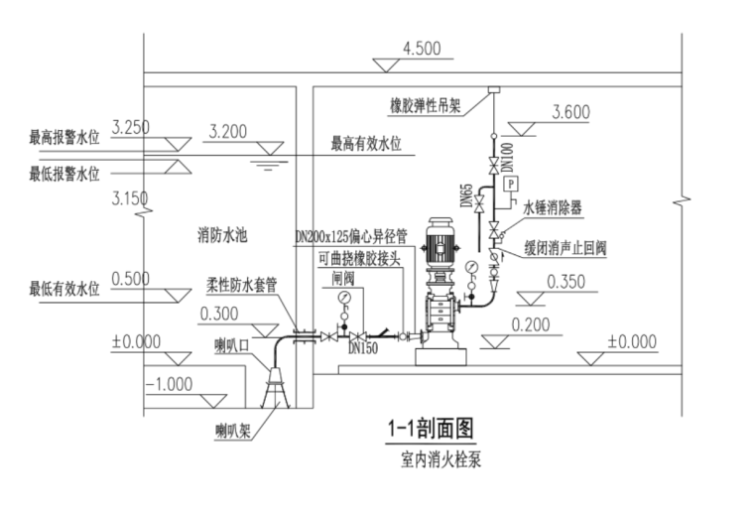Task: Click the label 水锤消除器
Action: [553, 206]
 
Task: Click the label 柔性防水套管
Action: [241, 283]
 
